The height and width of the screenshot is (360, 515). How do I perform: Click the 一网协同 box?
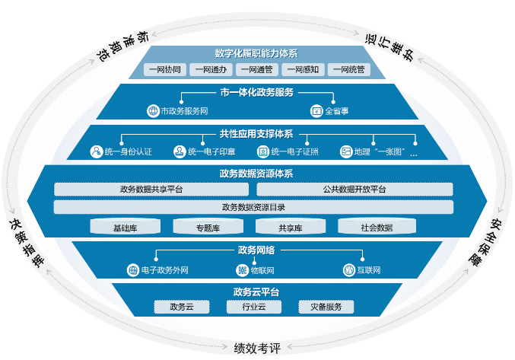point(165,70)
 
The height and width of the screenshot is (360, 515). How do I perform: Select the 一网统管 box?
point(349,70)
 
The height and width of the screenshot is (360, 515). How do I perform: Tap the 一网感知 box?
point(303,70)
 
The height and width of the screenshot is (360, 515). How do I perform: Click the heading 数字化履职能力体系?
point(256,54)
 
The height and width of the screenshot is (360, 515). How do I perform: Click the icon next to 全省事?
point(316,111)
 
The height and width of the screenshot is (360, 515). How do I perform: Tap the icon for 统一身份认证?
point(96,151)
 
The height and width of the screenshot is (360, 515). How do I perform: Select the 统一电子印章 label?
point(211,151)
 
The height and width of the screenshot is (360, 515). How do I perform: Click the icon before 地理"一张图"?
point(345,151)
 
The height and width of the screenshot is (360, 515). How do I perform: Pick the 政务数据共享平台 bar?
point(152,189)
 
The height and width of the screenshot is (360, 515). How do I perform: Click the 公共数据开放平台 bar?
point(354,189)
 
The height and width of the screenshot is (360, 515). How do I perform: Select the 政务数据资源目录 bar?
point(253,207)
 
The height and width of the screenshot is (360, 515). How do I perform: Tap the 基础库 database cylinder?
point(125,227)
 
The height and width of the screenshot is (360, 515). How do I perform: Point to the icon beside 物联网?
point(243,270)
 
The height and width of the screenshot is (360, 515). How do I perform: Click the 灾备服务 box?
point(326,307)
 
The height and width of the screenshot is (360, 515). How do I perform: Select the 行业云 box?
point(254,307)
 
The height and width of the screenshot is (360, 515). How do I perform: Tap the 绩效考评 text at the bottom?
point(257,349)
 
